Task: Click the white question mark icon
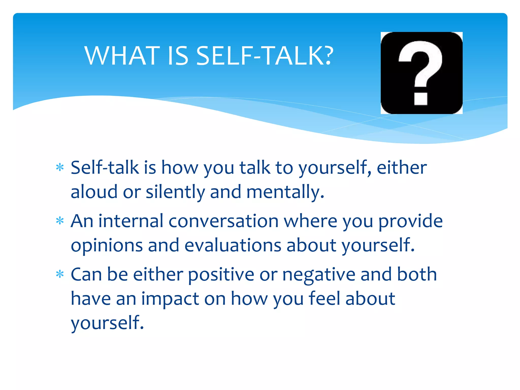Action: [421, 73]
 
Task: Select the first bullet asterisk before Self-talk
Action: [60, 168]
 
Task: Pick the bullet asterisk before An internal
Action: [60, 221]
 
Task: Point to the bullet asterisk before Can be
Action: [60, 274]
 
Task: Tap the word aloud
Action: [94, 192]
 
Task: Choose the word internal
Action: [131, 221]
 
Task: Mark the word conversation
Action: [223, 221]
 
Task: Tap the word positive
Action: [221, 275]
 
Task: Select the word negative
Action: [319, 275]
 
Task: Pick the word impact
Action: [170, 299]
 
